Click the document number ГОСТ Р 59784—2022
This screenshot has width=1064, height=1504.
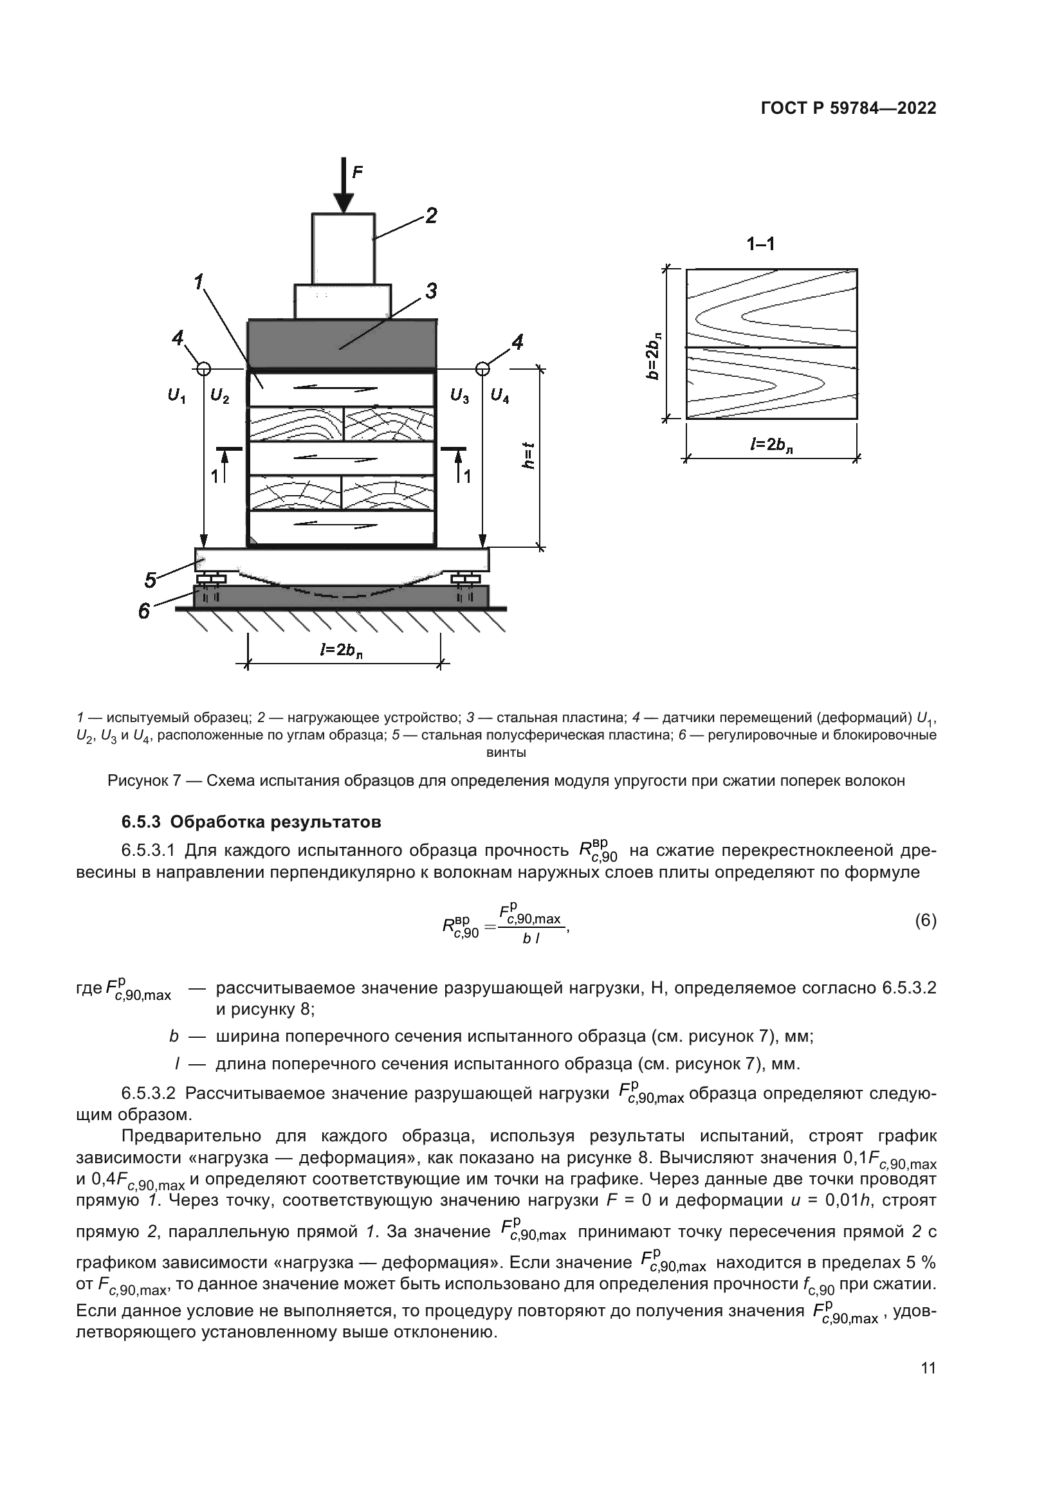[848, 109]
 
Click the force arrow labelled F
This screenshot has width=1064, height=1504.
[344, 186]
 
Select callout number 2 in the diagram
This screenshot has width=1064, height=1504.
[431, 215]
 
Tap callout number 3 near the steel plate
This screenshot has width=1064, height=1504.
[430, 291]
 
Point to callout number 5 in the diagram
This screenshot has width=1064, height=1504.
[151, 580]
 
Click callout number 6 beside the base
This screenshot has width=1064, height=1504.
[144, 610]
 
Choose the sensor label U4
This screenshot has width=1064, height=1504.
[500, 396]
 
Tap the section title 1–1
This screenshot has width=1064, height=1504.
[760, 244]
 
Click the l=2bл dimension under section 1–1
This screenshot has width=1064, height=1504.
[773, 445]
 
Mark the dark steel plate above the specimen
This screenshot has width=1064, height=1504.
[342, 344]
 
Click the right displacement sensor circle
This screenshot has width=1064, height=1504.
[482, 369]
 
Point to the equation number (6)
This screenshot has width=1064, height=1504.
[925, 921]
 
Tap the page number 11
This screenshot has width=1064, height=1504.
[928, 1368]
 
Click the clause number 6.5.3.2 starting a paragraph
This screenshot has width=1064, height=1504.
[149, 1093]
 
